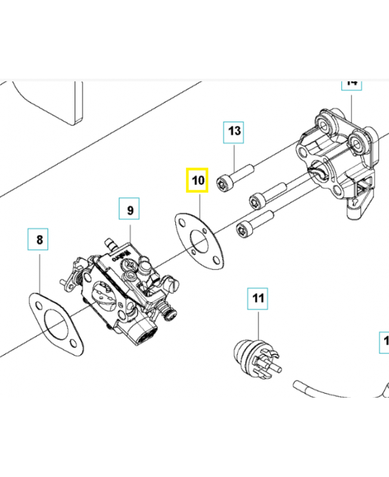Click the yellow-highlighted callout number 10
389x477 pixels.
pyautogui.click(x=197, y=180)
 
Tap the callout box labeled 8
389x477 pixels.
pyautogui.click(x=39, y=240)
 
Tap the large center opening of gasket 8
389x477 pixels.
pyautogui.click(x=57, y=326)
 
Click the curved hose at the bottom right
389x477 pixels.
pyautogui.click(x=334, y=391)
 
